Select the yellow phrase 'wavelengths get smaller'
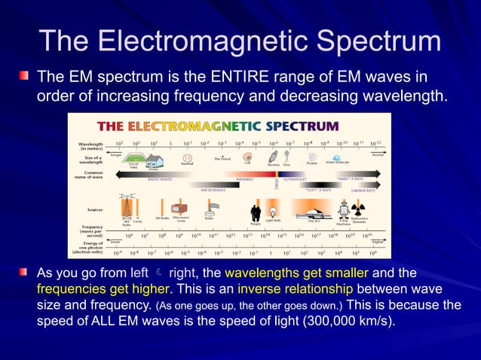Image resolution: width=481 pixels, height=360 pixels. pyautogui.click(x=296, y=272)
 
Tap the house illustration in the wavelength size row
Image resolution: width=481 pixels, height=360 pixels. pyautogui.click(x=155, y=160)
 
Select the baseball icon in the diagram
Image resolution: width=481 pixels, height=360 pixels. pyautogui.click(x=187, y=159)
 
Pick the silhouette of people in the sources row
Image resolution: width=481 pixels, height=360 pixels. pyautogui.click(x=256, y=212)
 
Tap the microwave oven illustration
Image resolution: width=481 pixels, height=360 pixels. pyautogui.click(x=180, y=209)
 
